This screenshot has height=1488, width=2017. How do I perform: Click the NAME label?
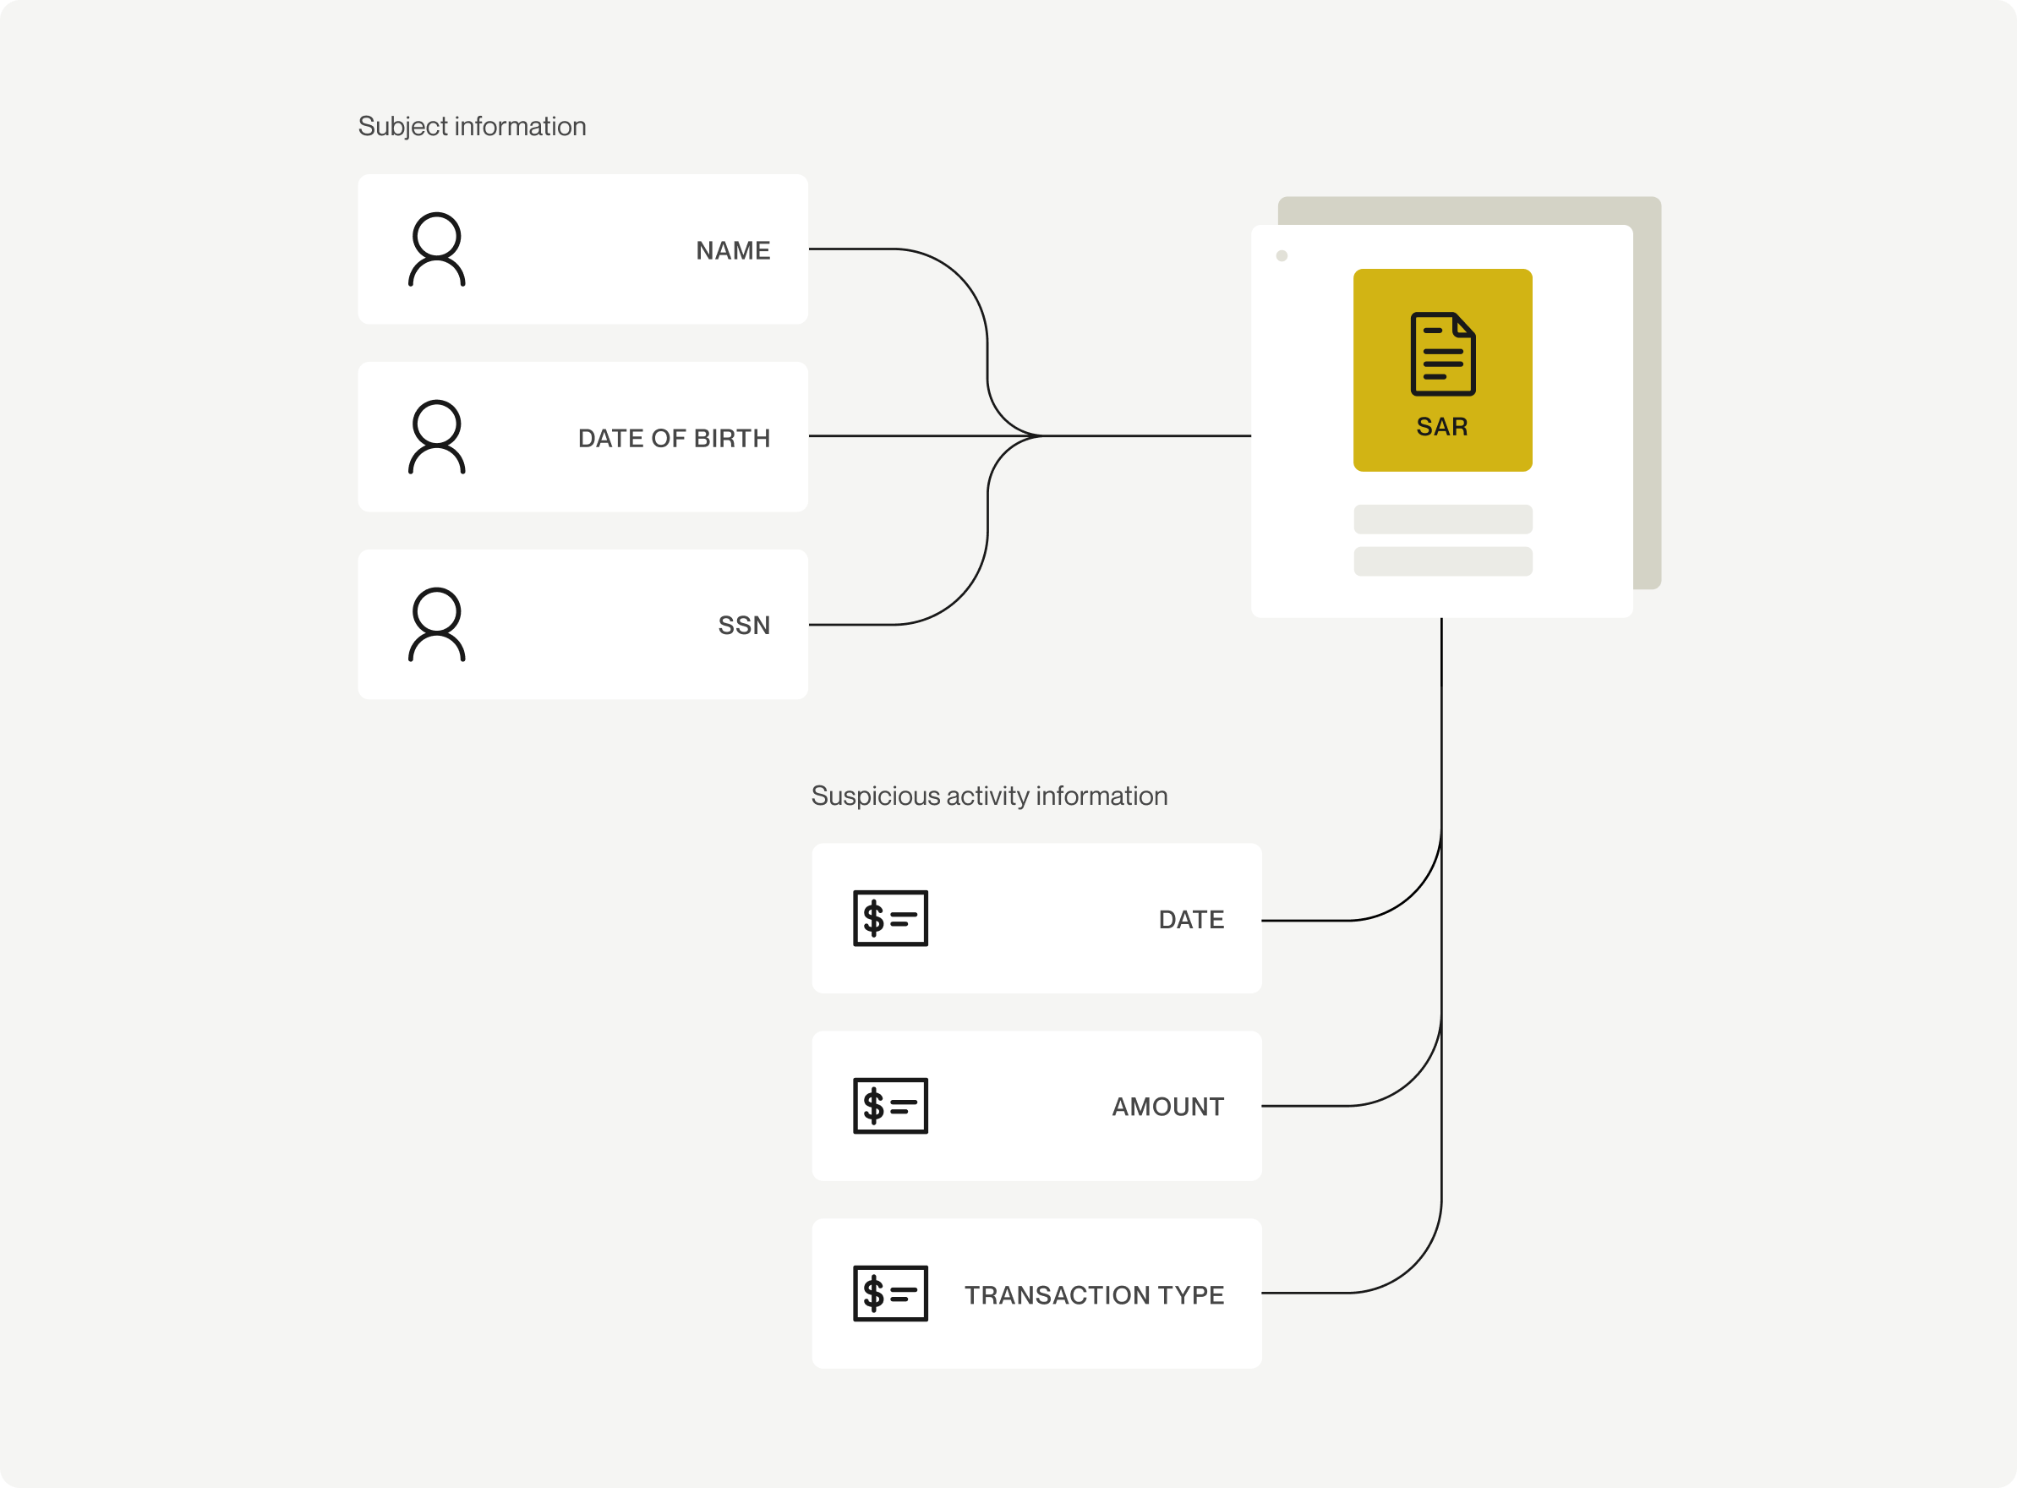coord(733,250)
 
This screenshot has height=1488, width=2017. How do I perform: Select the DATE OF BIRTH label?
coord(675,439)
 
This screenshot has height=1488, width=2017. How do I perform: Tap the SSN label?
coord(744,625)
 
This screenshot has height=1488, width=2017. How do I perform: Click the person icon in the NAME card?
coord(437,249)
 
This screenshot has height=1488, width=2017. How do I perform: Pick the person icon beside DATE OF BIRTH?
coord(437,437)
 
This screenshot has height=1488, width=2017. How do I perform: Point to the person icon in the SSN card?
coord(437,625)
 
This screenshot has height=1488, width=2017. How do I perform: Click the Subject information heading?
coord(472,126)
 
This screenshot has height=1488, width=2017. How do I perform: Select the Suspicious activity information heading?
coord(990,796)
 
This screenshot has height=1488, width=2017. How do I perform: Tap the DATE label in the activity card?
coord(1191,920)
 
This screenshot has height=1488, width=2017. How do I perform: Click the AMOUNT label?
coord(1168,1107)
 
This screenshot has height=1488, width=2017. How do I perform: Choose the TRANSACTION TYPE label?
coord(1094,1295)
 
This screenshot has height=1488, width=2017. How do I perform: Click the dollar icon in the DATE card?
coord(890,919)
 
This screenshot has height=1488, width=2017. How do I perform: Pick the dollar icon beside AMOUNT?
coord(890,1106)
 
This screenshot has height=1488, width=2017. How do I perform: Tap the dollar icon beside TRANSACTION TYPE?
coord(890,1294)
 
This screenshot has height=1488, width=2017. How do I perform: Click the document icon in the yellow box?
coord(1443,354)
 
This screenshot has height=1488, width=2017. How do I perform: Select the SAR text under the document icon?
coord(1442,427)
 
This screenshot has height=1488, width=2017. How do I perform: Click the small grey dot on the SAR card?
coord(1282,256)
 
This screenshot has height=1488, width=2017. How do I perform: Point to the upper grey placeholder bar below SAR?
coord(1443,520)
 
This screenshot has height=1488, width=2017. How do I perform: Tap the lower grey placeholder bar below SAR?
coord(1443,561)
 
